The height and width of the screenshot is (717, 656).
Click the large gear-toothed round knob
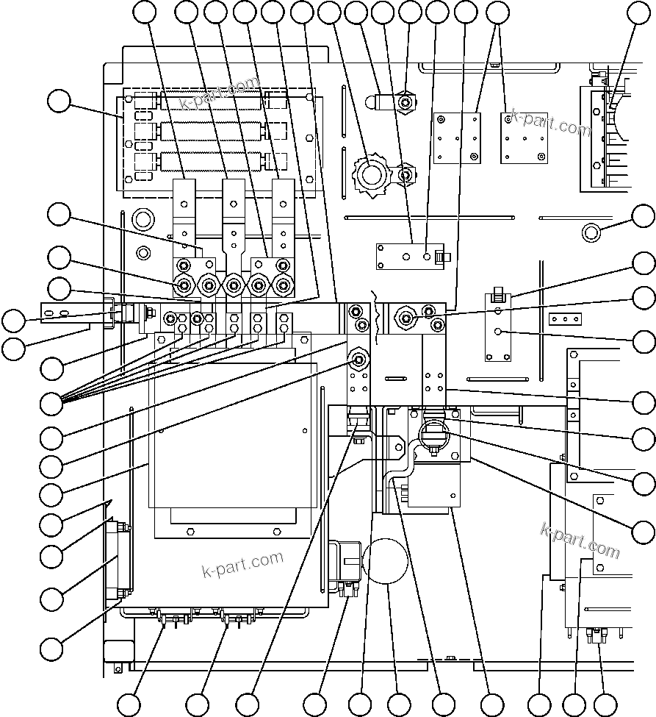[x=371, y=175]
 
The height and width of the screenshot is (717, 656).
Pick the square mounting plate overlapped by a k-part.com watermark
[x=524, y=138]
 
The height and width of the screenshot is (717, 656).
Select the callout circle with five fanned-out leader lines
[x=51, y=402]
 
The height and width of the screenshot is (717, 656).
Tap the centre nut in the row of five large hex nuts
[x=234, y=284]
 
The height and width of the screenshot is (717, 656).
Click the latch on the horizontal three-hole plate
[x=441, y=257]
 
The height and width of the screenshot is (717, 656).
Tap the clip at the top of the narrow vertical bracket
[x=498, y=297]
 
